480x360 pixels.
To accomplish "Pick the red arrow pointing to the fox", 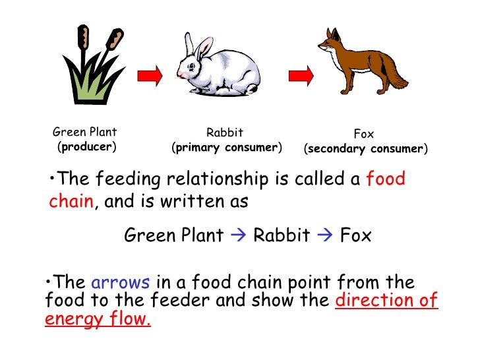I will pyautogui.click(x=299, y=74).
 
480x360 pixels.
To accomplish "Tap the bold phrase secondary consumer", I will pyautogui.click(x=365, y=148).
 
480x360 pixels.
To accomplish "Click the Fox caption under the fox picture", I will pyautogui.click(x=363, y=134).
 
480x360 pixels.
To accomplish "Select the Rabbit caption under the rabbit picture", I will pyautogui.click(x=224, y=133).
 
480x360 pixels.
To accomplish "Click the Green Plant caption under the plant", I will pyautogui.click(x=84, y=132).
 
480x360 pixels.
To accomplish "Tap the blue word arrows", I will pyautogui.click(x=121, y=284).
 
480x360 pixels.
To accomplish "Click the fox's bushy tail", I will pyautogui.click(x=396, y=79).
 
